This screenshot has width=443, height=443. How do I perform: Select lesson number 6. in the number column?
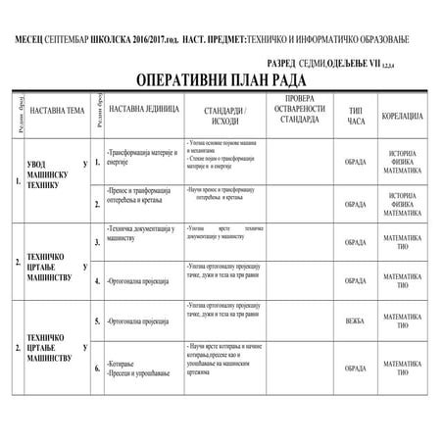(97, 369)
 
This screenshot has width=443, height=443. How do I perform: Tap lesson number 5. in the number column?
(97, 320)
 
